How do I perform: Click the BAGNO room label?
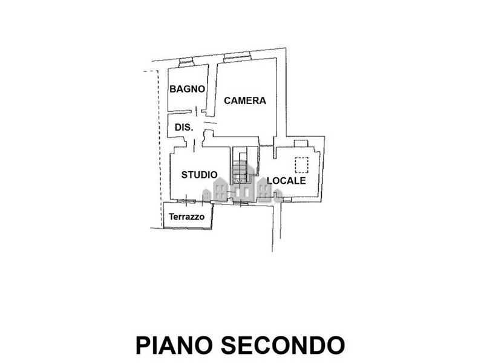click(188, 88)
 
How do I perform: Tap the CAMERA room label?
click(245, 100)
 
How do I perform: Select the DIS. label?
click(183, 128)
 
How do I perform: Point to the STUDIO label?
click(200, 175)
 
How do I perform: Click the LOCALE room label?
click(287, 180)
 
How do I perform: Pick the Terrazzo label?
click(187, 217)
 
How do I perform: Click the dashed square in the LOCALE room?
click(301, 164)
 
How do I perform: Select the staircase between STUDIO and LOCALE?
click(241, 166)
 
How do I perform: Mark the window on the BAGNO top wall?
click(186, 61)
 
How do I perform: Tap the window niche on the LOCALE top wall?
click(301, 143)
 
